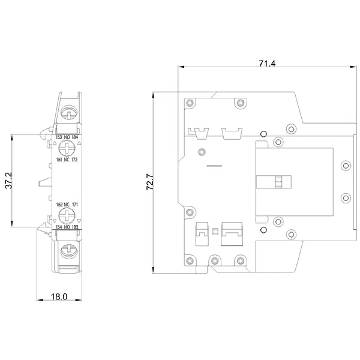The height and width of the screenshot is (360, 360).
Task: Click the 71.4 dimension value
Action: click(x=267, y=63)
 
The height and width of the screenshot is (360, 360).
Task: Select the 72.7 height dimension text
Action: click(x=150, y=182)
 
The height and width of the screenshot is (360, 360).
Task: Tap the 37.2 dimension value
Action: click(x=9, y=181)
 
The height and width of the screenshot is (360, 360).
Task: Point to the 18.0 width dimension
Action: click(x=59, y=296)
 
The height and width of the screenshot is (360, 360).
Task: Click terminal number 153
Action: click(x=59, y=137)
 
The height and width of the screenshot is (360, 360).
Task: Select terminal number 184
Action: click(x=74, y=137)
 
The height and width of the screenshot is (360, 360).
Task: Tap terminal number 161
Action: click(x=59, y=160)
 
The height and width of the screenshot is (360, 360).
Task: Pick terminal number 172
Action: click(x=74, y=160)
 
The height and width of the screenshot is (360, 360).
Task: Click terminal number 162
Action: click(x=59, y=205)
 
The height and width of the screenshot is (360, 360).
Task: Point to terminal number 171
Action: click(x=75, y=205)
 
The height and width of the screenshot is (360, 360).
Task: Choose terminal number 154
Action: click(x=59, y=227)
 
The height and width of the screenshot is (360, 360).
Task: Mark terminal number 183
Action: click(x=75, y=227)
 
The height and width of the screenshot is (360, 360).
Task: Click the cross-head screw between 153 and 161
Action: click(x=67, y=148)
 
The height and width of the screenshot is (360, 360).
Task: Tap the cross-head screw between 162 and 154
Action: click(x=67, y=216)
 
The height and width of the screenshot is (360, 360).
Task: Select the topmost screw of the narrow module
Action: click(x=69, y=113)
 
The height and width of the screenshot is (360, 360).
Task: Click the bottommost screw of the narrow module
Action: click(x=69, y=251)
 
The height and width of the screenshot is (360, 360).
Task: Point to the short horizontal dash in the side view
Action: click(x=214, y=166)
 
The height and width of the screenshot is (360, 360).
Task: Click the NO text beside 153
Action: click(x=67, y=137)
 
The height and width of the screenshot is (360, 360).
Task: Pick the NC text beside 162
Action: click(x=67, y=205)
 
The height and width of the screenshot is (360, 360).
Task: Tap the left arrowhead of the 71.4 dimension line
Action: click(x=181, y=67)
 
